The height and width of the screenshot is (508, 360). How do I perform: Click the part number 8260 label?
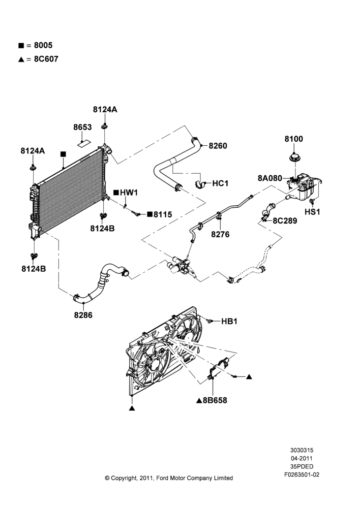pos(218,146)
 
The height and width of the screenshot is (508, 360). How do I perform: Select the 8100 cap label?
pos(294,139)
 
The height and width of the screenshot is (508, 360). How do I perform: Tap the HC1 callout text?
pos(221,183)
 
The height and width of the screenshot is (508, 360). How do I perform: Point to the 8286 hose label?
pos(83,315)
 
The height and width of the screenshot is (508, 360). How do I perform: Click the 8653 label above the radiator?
pos(82,128)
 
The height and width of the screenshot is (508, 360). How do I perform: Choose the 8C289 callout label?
pos(285,220)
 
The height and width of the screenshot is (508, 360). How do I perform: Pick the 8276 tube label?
pos(220,234)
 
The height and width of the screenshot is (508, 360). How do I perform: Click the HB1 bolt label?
pos(229,322)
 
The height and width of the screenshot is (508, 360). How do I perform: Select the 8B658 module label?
pos(215,400)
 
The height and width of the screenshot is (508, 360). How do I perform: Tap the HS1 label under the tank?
pos(312,212)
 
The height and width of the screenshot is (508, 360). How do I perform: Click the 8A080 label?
pos(270,178)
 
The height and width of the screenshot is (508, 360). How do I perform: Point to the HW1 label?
pos(129,193)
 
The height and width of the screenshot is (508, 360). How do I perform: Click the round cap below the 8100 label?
pos(295,158)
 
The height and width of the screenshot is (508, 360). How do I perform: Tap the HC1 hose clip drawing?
pos(201,184)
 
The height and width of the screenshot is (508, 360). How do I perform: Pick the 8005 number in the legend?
pos(43,45)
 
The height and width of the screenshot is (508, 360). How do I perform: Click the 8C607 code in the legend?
pos(46,59)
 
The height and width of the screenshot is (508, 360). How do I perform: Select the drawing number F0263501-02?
pos(302,475)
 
